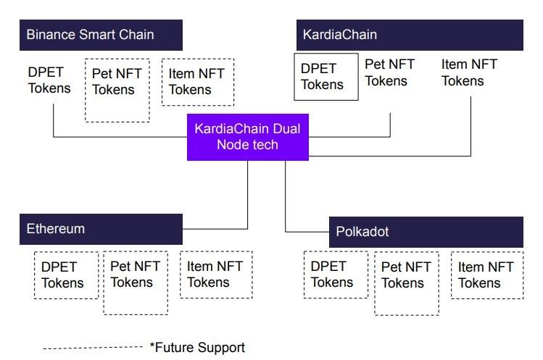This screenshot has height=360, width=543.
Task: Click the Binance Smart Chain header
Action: [101, 35]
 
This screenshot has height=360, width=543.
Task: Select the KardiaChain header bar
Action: [410, 35]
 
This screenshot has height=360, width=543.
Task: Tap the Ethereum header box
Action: [101, 229]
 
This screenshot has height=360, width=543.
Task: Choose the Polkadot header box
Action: [426, 232]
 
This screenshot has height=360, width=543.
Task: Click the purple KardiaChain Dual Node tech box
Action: [248, 137]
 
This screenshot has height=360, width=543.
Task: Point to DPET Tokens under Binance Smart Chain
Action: [49, 80]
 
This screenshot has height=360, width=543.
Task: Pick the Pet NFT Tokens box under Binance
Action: [117, 91]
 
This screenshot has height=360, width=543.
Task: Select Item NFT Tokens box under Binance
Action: [198, 82]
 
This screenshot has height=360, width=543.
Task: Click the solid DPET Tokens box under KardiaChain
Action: [326, 77]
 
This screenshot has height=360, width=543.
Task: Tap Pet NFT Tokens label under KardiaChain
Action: [389, 72]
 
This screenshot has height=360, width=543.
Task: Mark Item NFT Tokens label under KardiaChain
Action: [469, 72]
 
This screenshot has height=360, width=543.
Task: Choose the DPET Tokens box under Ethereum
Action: [67, 275]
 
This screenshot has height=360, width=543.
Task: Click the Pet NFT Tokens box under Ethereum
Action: [136, 282]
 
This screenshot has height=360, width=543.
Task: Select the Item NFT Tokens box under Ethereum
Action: [216, 275]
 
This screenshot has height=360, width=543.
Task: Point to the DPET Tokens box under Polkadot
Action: [336, 275]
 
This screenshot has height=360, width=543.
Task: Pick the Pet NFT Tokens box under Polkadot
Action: [407, 283]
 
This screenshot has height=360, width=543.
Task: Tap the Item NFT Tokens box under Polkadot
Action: [487, 275]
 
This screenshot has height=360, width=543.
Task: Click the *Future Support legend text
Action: [197, 348]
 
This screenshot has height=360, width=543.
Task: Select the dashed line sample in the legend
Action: [93, 348]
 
